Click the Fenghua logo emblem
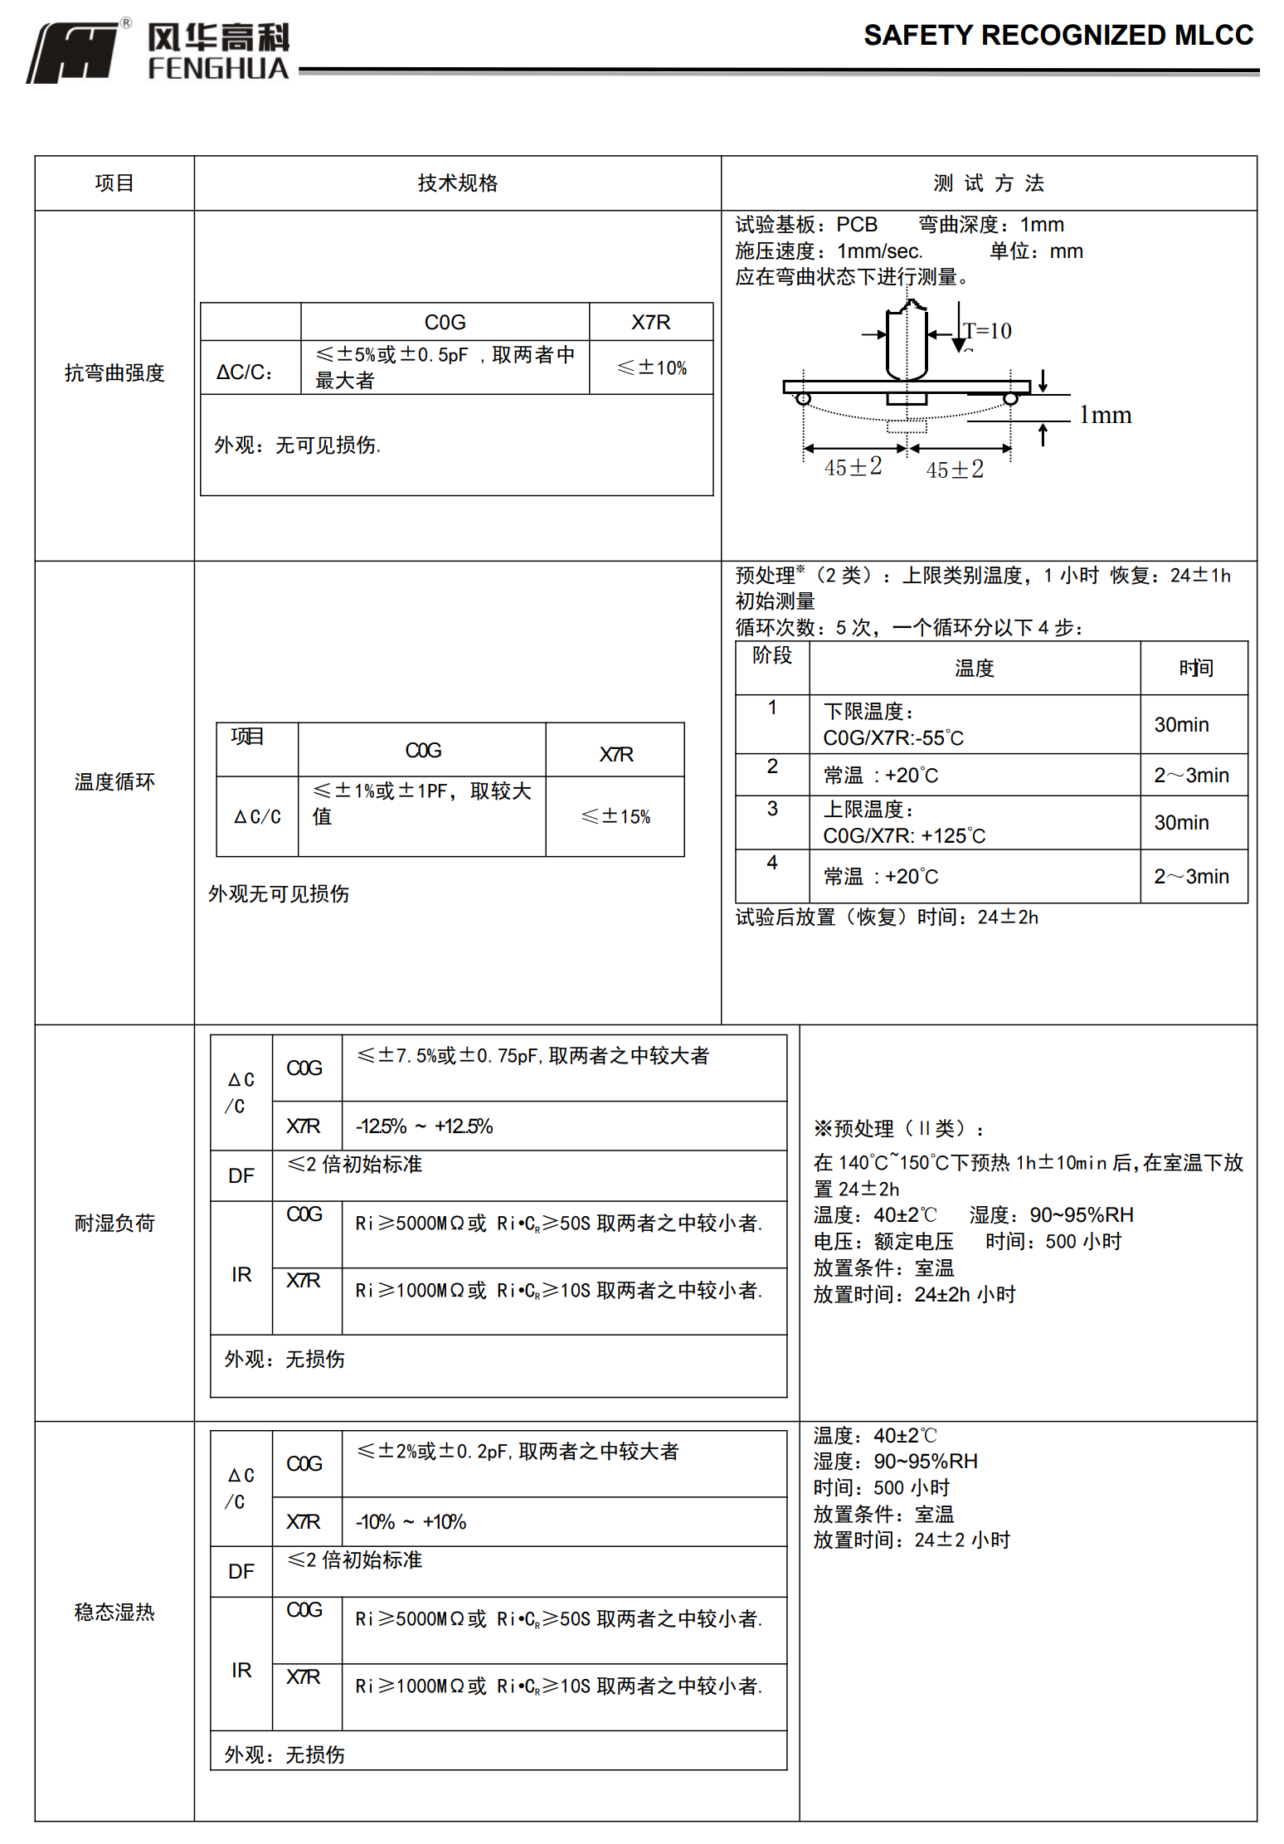coord(75,52)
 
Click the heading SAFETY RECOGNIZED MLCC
coord(1058,36)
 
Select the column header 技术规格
coord(457,183)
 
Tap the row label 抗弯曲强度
coord(114,373)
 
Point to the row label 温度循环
coord(114,781)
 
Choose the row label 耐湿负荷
coord(114,1223)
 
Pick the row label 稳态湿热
coord(114,1611)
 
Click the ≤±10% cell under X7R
coord(652,367)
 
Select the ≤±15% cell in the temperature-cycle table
coord(615,816)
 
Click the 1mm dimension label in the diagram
coord(1105,415)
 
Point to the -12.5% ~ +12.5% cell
coord(424,1126)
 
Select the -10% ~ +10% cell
coord(411,1522)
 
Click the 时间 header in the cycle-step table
coord(1195,668)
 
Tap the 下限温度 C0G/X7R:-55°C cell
coord(892,725)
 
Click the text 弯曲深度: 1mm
coord(990,225)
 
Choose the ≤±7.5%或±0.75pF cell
coord(533,1056)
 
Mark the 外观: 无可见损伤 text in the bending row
coord(297,445)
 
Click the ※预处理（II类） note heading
coord(898,1128)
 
